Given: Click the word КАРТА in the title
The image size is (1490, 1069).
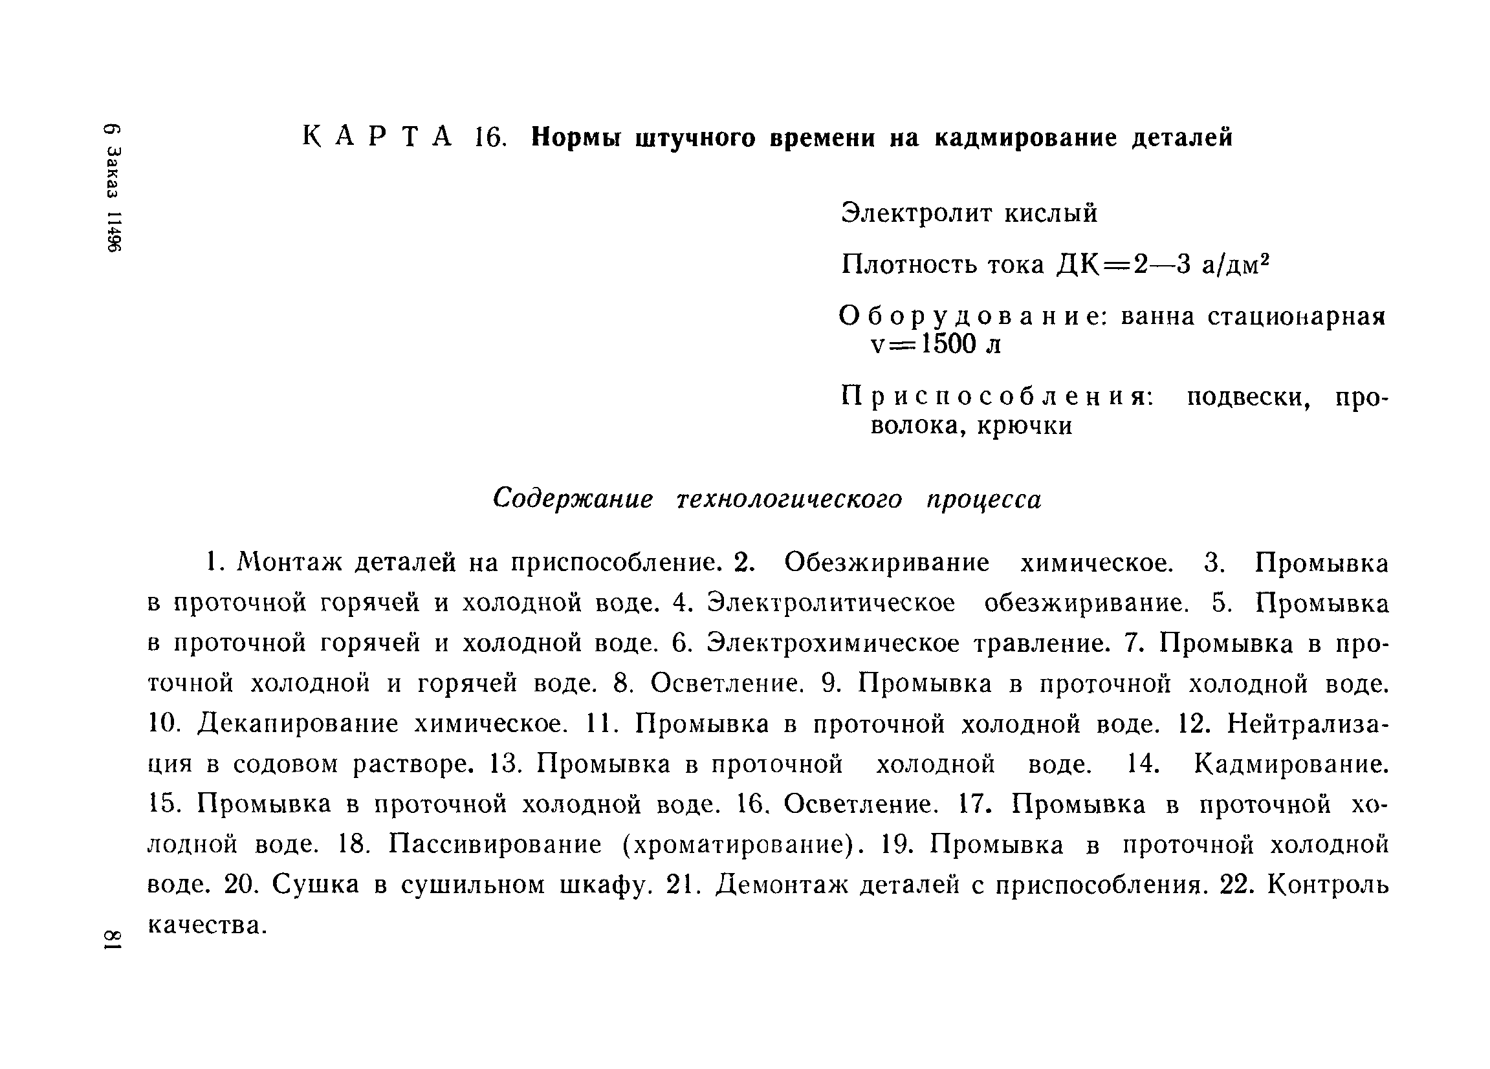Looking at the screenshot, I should tap(378, 137).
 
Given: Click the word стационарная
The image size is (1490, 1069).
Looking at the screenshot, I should tap(1297, 317).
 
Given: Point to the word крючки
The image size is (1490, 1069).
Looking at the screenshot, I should tap(1025, 426).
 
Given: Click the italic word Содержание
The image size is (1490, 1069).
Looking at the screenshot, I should tap(573, 499).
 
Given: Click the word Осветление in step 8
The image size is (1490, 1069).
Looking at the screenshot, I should tap(727, 684).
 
